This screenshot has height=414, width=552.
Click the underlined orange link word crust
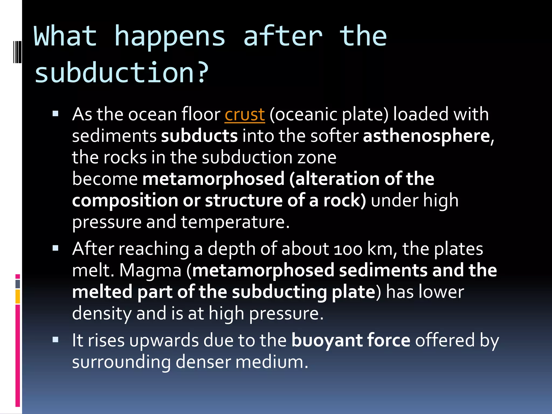point(245,115)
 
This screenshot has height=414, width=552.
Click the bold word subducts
point(199,136)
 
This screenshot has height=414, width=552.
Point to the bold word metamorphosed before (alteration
point(213,179)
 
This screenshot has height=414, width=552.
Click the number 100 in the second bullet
point(348,249)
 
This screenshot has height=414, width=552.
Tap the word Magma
point(150,270)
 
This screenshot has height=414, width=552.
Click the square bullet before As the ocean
point(56,113)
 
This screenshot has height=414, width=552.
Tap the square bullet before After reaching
point(56,248)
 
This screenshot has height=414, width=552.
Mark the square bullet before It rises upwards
point(56,340)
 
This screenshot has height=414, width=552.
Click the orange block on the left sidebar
point(18,296)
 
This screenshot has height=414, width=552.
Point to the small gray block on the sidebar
point(18,284)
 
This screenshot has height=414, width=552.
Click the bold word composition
point(125,201)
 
